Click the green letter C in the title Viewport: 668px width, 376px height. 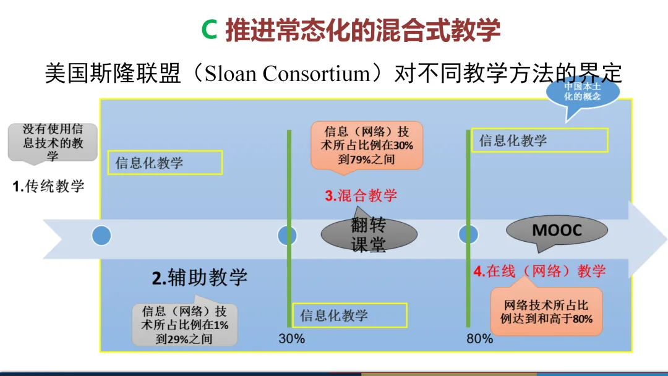click(210, 30)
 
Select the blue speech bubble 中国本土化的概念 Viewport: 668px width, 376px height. click(582, 92)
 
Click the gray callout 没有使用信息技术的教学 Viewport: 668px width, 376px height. click(53, 142)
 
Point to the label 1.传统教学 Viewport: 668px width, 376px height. click(49, 186)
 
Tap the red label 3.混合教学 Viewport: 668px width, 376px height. click(361, 196)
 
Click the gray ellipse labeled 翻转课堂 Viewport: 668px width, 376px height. click(369, 234)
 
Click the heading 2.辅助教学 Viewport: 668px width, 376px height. click(199, 278)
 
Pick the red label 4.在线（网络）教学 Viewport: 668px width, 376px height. click(539, 271)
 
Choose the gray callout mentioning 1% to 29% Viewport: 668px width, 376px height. click(184, 325)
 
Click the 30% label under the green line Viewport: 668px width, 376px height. click(291, 339)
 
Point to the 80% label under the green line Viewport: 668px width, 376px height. click(479, 339)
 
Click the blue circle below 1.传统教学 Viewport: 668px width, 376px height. click(101, 236)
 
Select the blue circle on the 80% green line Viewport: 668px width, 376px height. click(468, 235)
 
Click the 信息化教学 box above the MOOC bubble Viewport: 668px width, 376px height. click(539, 140)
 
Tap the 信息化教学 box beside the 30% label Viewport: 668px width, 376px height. click(350, 315)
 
